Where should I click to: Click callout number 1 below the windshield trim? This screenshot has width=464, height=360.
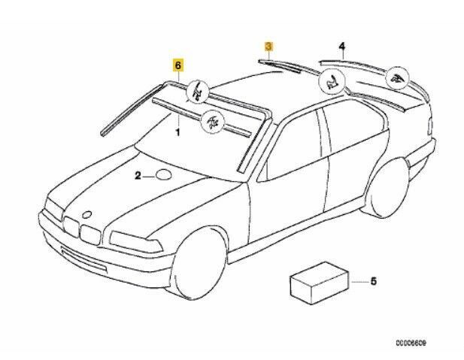click(x=177, y=132)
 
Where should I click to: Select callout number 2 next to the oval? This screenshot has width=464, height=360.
click(x=138, y=177)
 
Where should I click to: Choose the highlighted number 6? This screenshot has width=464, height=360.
click(x=178, y=65)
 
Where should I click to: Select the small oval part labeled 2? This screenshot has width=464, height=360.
click(x=165, y=177)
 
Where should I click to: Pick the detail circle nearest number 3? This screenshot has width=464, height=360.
click(x=331, y=83)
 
